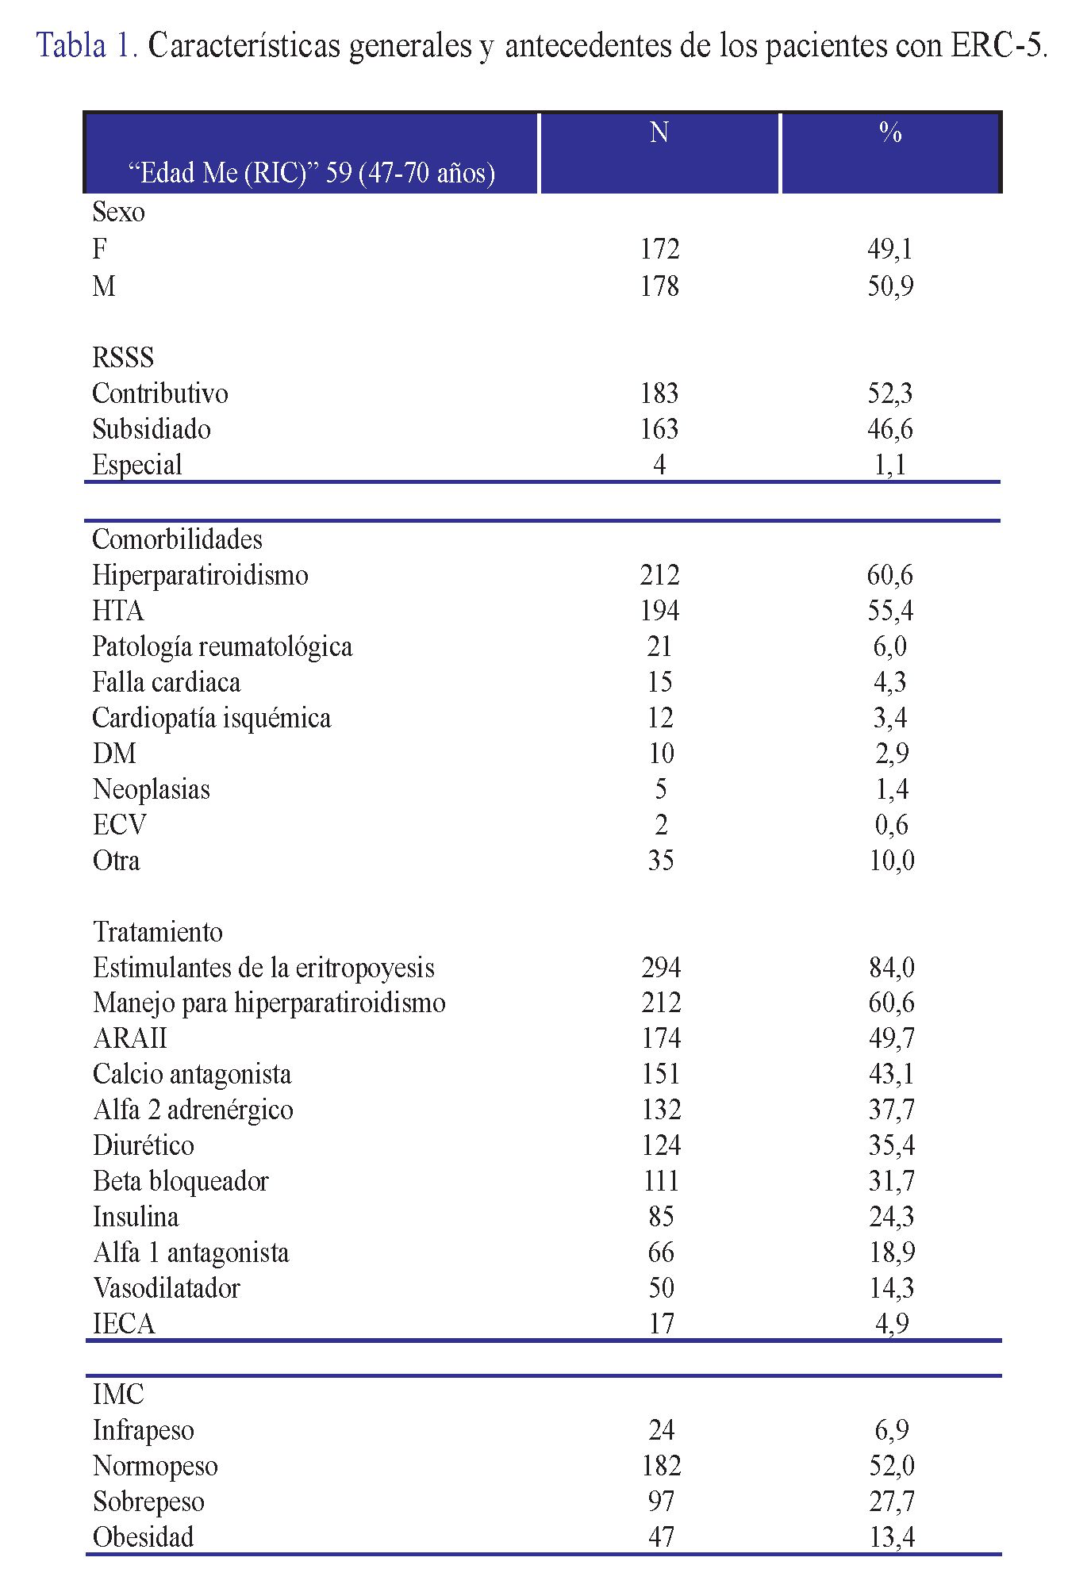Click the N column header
coord(659,132)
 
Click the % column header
coord(890,132)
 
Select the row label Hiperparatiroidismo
coord(200,575)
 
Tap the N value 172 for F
coord(659,249)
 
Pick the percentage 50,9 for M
coord(890,286)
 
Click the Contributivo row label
coord(160,393)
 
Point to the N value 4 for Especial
coord(659,465)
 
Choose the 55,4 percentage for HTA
coord(890,611)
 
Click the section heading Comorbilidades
coord(177,539)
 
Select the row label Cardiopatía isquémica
coord(211,718)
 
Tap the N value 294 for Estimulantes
coord(661,968)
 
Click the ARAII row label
coord(130,1038)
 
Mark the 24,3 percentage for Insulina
coord(892,1217)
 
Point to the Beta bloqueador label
coord(181,1181)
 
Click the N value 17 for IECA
coord(661,1324)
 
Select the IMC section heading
coord(118,1395)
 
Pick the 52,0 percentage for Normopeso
coord(892,1466)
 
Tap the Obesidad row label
coord(144,1537)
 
